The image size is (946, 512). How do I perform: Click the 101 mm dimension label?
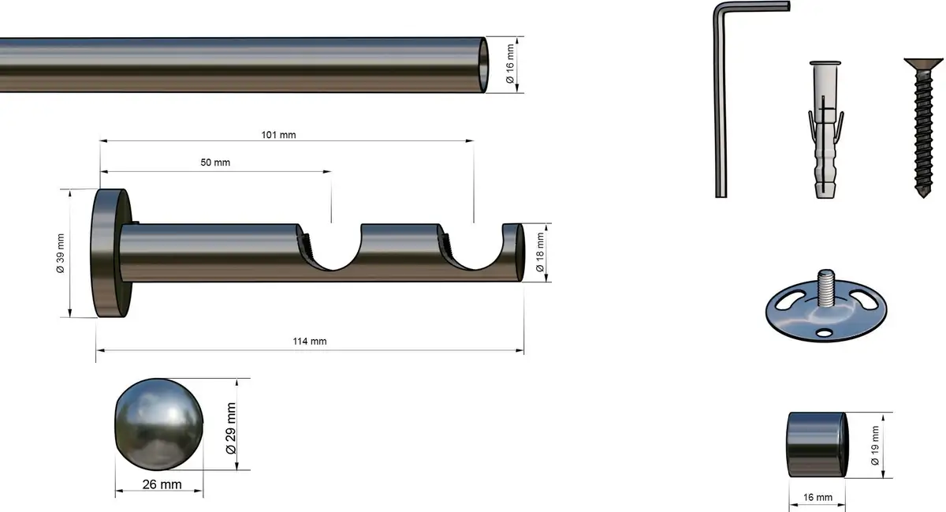(278, 135)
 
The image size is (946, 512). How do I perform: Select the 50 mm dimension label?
(215, 163)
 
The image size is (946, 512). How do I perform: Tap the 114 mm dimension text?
(310, 341)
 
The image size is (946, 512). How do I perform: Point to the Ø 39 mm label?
(61, 253)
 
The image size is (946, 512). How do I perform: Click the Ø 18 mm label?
(540, 252)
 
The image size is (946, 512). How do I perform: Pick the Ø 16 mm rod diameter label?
(510, 64)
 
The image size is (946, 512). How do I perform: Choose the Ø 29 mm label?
(230, 428)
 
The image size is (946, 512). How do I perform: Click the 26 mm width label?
(162, 484)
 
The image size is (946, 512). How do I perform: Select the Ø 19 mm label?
(874, 445)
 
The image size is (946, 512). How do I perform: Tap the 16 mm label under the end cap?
(818, 498)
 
